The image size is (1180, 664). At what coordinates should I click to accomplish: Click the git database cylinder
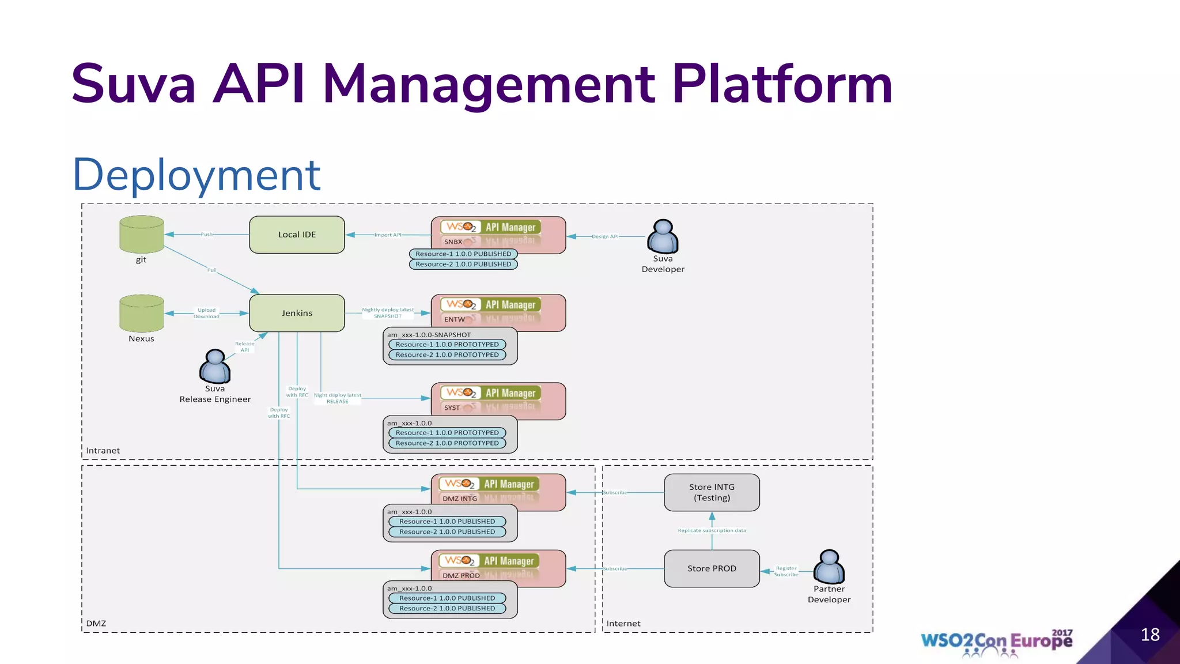coord(142,234)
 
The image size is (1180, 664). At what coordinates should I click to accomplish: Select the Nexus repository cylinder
coord(142,313)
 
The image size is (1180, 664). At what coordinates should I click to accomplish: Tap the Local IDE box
coord(297,235)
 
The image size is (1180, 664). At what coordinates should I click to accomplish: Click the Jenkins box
coord(297,313)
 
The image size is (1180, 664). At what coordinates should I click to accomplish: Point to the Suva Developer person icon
coord(663,237)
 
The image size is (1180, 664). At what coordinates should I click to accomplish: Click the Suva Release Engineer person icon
coord(215,367)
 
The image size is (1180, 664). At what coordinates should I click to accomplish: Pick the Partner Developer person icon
coord(829,567)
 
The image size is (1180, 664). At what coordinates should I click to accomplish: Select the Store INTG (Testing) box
coord(712,492)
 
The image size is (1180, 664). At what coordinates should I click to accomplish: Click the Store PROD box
coord(712,568)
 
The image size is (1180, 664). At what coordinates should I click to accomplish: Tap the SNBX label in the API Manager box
coord(453,242)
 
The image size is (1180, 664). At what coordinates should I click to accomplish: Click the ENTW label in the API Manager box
coord(454,319)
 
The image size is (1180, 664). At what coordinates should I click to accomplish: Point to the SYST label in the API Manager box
coord(452,408)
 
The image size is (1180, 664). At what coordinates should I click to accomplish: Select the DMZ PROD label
coord(461,575)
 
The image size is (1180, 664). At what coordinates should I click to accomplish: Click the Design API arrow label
coord(605,236)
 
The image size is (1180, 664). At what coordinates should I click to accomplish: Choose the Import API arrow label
coord(388,235)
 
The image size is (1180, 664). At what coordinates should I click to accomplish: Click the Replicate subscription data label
coord(712,530)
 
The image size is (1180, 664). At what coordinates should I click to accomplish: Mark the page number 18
coord(1150,635)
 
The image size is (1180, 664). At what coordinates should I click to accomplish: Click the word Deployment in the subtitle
coord(196,175)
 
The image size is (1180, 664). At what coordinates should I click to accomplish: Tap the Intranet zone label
coord(103,451)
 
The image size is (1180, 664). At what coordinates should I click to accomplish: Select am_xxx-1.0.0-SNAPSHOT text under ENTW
coord(429,335)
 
